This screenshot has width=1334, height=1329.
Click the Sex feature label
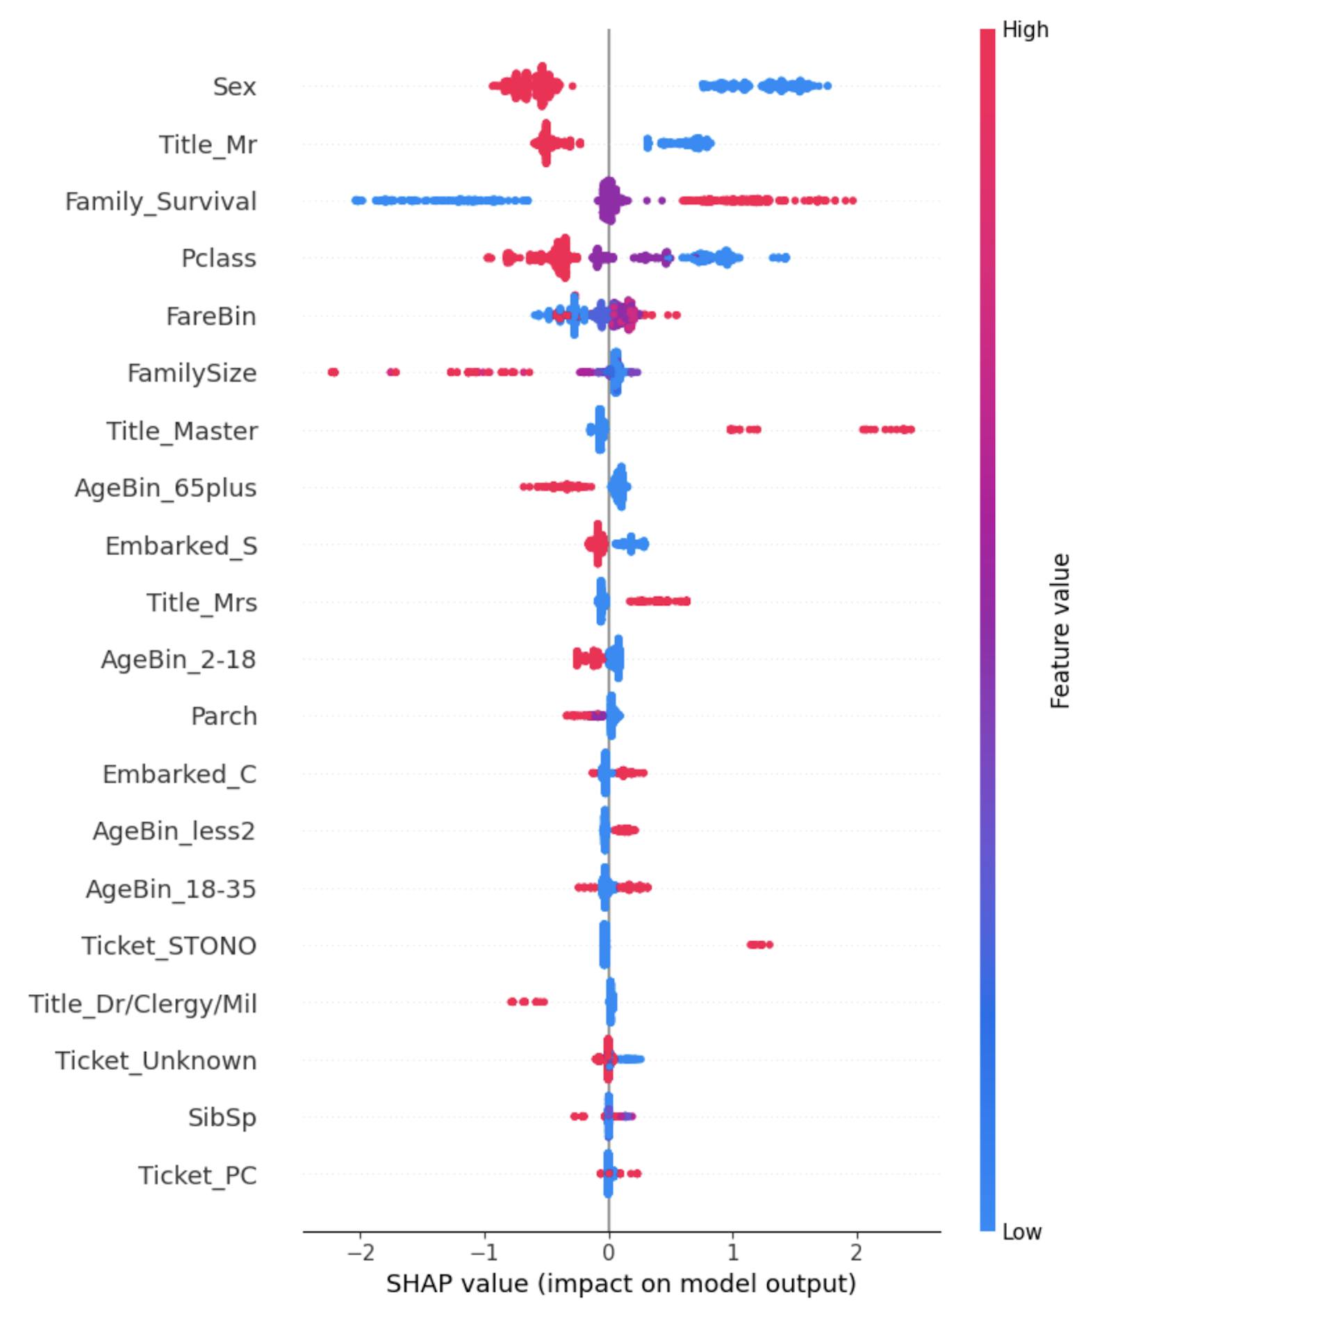coord(234,87)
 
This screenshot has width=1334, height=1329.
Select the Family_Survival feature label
coord(160,201)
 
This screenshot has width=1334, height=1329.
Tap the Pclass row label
coord(218,258)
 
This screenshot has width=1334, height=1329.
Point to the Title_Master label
coord(181,431)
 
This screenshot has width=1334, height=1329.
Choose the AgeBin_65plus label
coord(165,488)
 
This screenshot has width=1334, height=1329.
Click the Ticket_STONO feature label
coord(169,946)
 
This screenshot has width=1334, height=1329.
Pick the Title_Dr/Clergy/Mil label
coord(142,1004)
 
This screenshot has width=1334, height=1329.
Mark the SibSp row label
coord(222,1118)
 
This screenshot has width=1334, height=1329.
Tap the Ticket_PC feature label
coord(197,1175)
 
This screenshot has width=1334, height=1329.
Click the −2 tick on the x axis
coord(360,1252)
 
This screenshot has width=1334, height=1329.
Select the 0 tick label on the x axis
coord(609,1252)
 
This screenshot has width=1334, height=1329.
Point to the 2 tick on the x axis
coord(857,1252)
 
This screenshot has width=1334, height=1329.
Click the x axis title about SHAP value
coord(621,1283)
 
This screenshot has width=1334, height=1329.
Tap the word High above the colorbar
coord(1025,30)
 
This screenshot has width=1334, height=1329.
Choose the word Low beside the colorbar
coord(1021,1232)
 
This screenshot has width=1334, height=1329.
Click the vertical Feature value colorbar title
coord(1060,631)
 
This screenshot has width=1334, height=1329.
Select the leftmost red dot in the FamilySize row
coord(333,372)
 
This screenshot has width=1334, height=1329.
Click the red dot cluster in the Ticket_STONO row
coord(759,944)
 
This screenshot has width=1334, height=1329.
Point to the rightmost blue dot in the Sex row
coord(827,86)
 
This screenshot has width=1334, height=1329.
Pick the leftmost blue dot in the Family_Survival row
coord(355,201)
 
